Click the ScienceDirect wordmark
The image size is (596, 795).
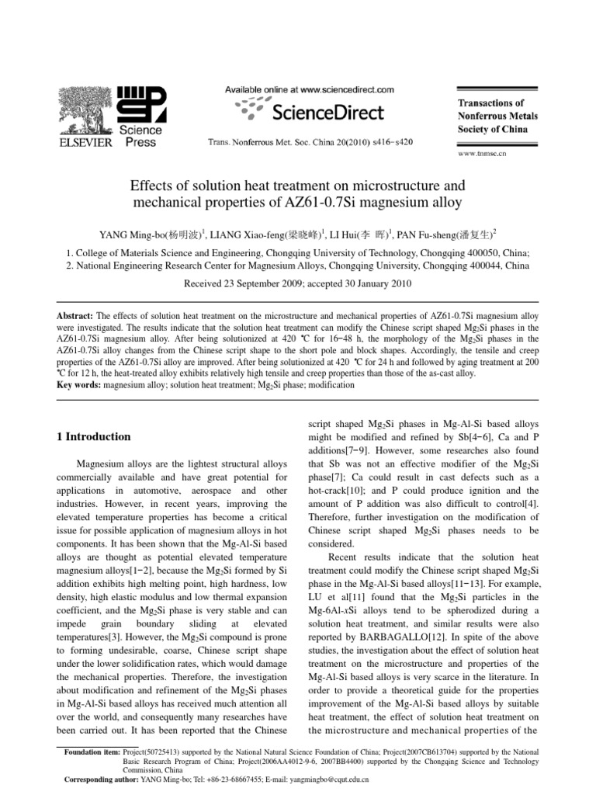pyautogui.click(x=327, y=113)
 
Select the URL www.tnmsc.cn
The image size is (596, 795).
pyautogui.click(x=482, y=154)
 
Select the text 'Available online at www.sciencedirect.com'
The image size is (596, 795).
pyautogui.click(x=309, y=90)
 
